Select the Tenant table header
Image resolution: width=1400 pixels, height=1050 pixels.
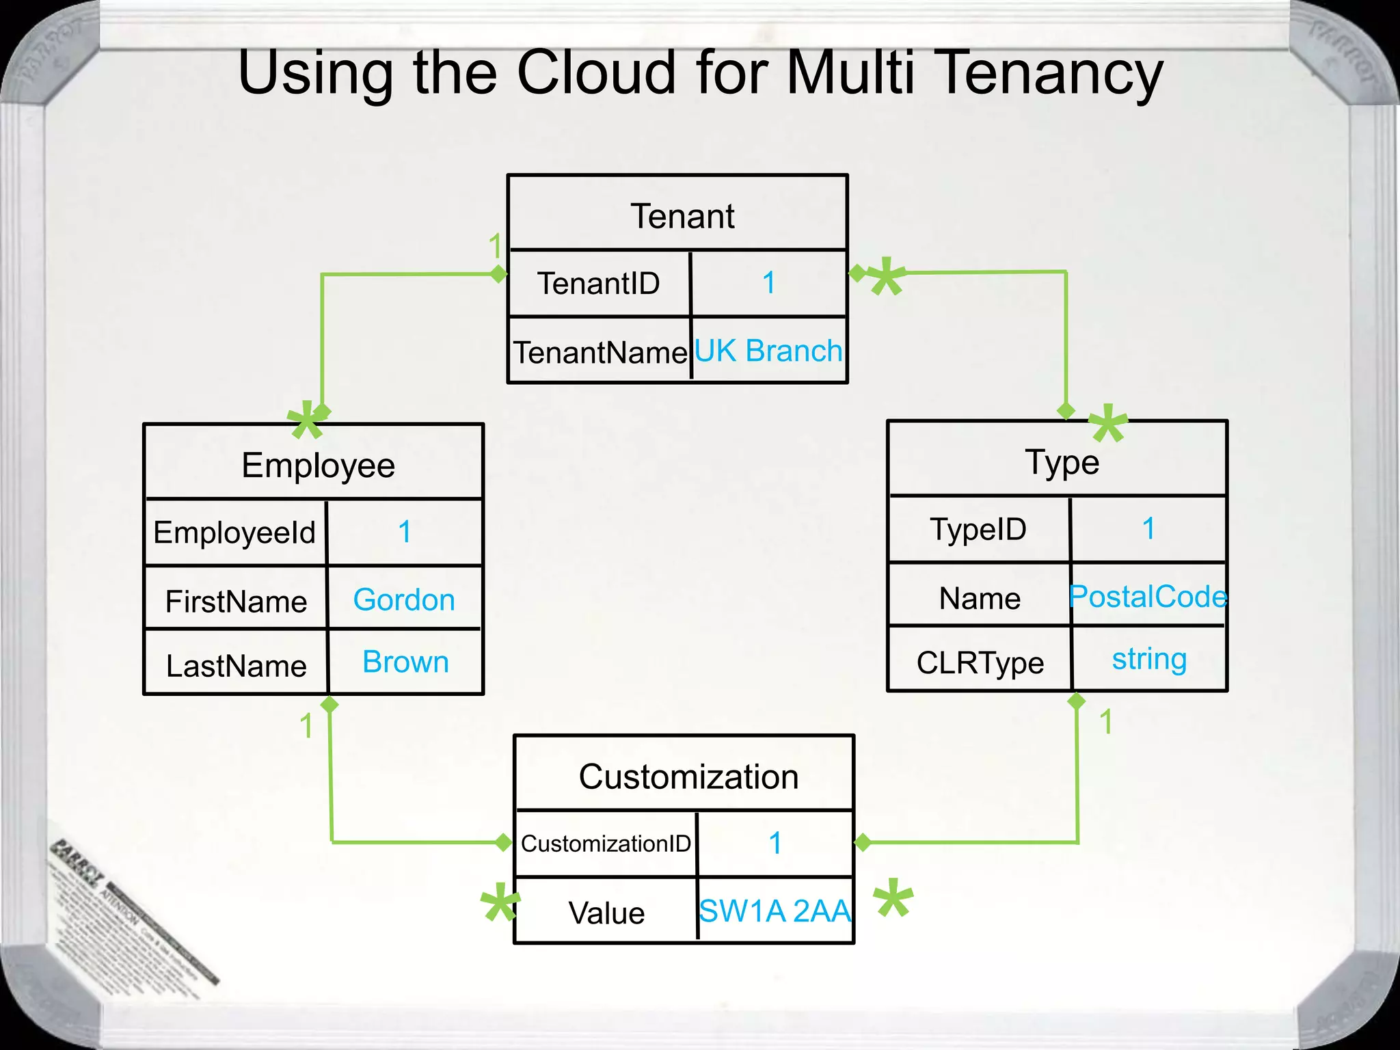click(682, 217)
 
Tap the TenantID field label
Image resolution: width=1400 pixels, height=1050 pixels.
click(598, 284)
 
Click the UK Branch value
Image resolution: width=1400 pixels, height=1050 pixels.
click(768, 351)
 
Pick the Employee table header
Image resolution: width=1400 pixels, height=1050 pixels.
click(318, 466)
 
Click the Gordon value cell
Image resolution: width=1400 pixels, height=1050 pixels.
click(404, 600)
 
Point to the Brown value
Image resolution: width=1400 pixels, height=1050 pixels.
click(405, 662)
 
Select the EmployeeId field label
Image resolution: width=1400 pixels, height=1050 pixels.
click(234, 533)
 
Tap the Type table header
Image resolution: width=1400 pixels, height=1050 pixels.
click(1062, 462)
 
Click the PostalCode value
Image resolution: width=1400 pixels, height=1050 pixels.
click(1148, 597)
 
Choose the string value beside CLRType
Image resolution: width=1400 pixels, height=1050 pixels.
click(1149, 659)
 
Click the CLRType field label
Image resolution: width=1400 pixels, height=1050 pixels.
click(980, 663)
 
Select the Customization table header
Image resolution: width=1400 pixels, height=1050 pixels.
click(688, 777)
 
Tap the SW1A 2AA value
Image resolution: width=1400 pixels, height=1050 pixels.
click(775, 911)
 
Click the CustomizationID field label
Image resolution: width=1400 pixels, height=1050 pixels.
click(606, 844)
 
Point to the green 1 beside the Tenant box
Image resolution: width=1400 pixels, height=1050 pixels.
click(495, 246)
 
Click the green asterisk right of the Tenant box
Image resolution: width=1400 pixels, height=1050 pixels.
click(887, 276)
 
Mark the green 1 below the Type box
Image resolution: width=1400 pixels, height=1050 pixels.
click(1106, 723)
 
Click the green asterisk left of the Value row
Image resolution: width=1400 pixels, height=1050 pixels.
click(500, 902)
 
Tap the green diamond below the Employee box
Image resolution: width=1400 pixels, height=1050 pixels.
click(329, 705)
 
